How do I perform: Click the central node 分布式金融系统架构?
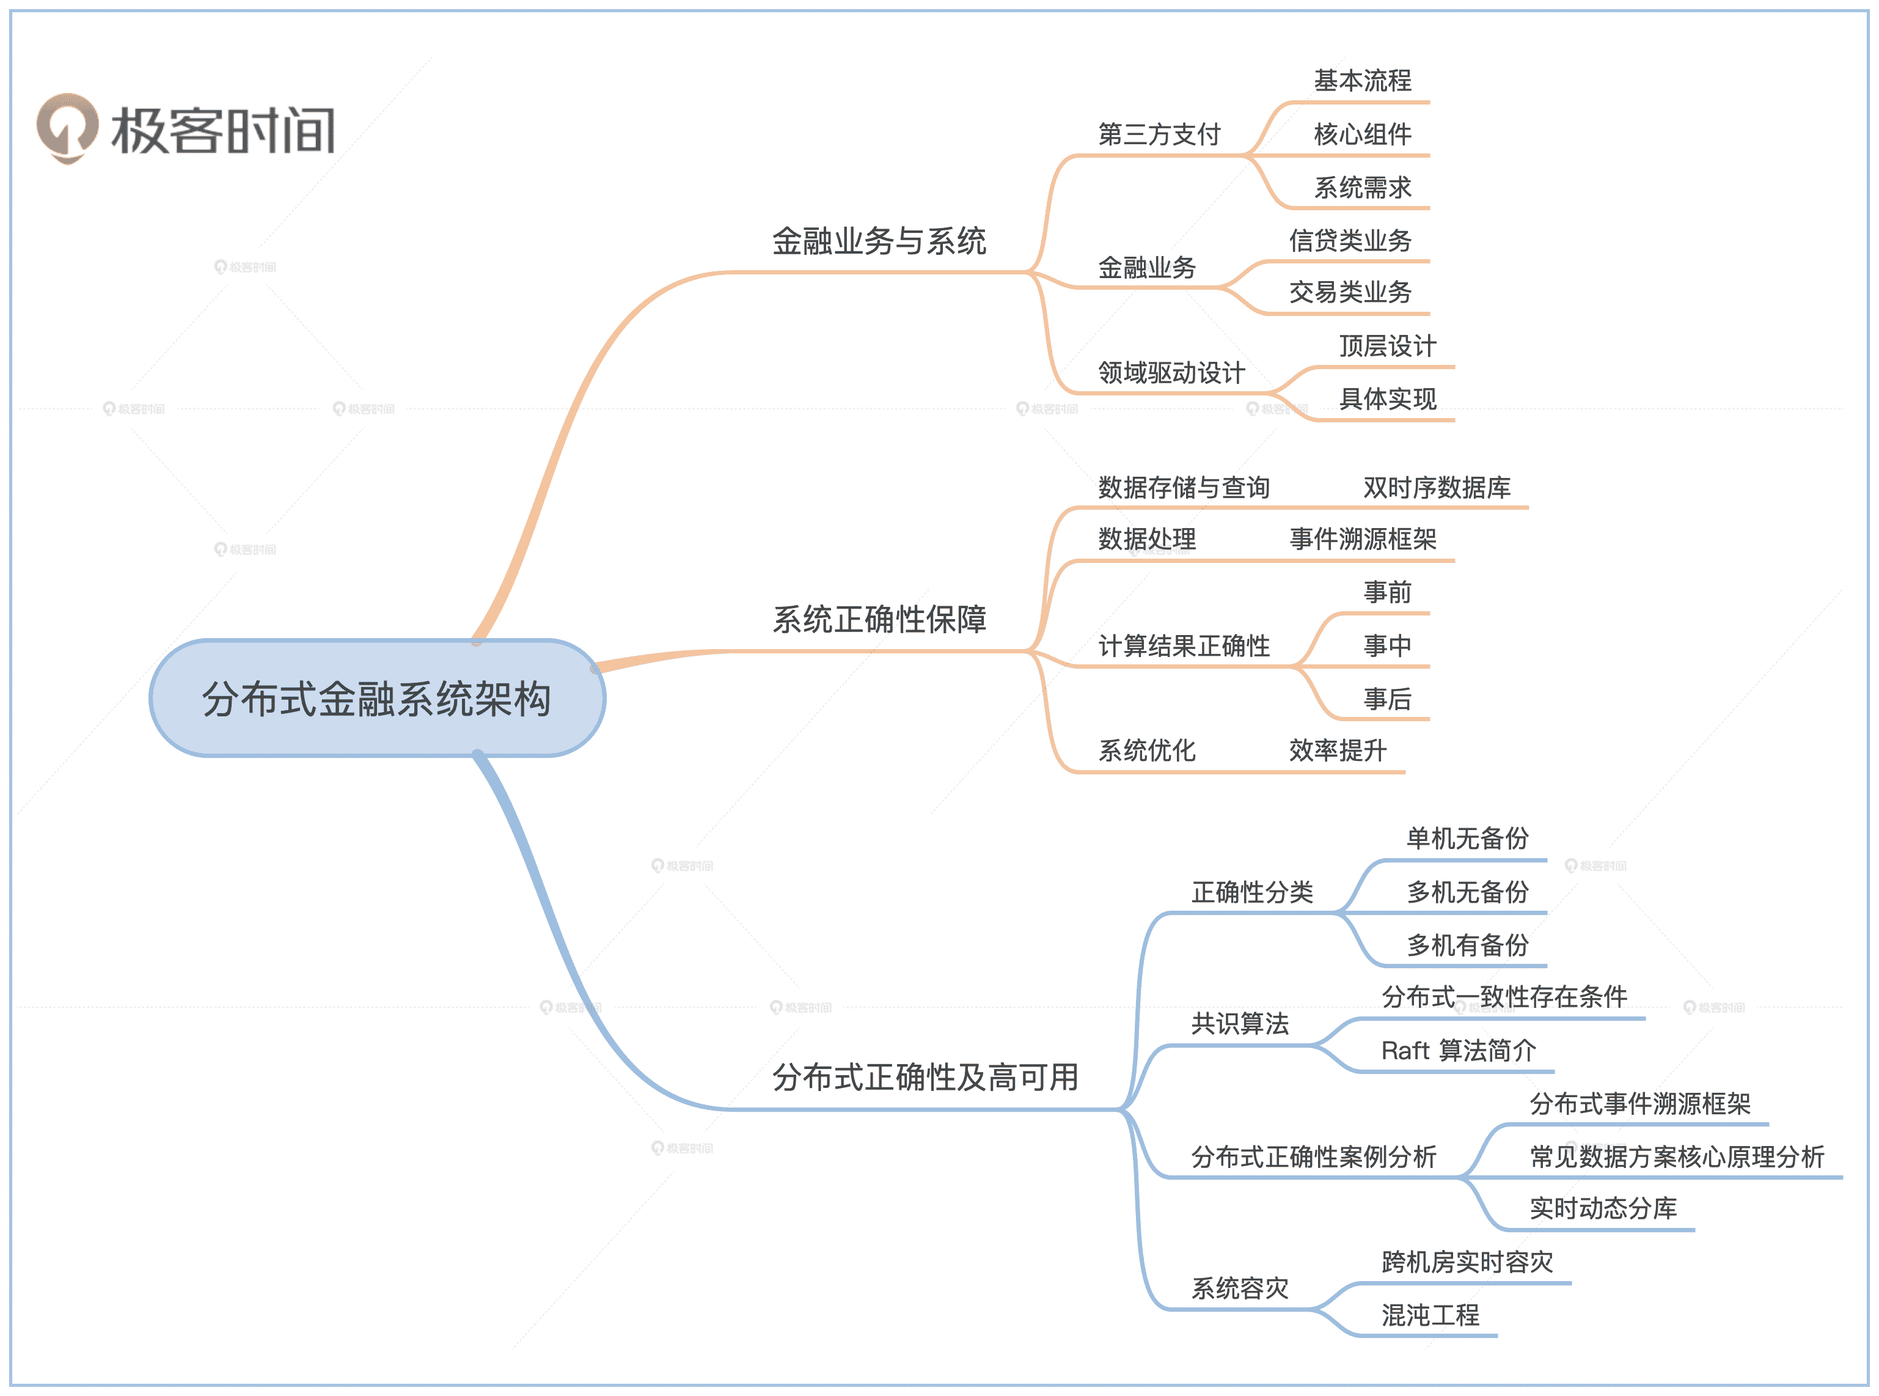click(x=377, y=699)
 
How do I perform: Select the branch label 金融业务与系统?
click(x=879, y=241)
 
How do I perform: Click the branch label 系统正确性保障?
click(x=879, y=619)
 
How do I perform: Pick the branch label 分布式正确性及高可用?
click(x=925, y=1078)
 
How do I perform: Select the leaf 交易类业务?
click(x=1350, y=292)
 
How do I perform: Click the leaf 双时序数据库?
click(x=1436, y=488)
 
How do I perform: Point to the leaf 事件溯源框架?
click(x=1363, y=539)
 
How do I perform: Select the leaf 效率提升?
click(x=1338, y=751)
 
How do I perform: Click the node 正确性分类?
click(x=1252, y=892)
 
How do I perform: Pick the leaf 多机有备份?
click(x=1468, y=946)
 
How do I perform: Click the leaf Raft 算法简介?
click(x=1458, y=1051)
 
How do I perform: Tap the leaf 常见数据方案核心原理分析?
click(x=1677, y=1157)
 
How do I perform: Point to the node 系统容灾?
click(x=1239, y=1288)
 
